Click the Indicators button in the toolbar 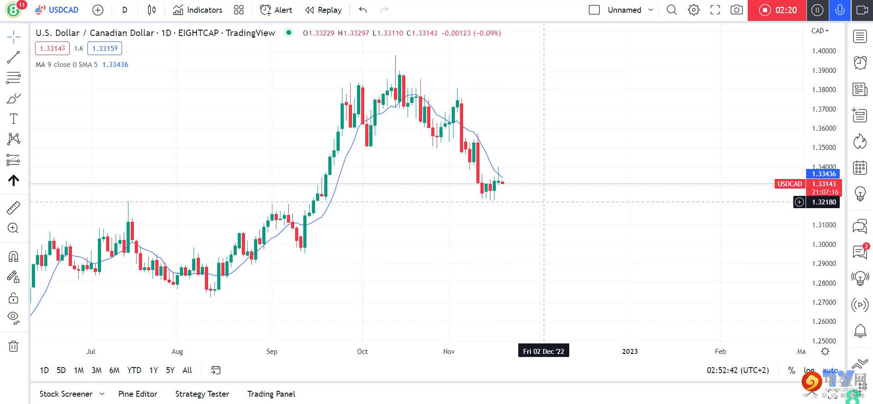pyautogui.click(x=198, y=10)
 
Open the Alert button pyautogui.click(x=276, y=10)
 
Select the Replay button pyautogui.click(x=323, y=10)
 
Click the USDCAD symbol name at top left pyautogui.click(x=63, y=10)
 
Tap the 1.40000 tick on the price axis pyautogui.click(x=824, y=51)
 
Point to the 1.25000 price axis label pyautogui.click(x=824, y=341)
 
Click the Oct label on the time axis pyautogui.click(x=362, y=351)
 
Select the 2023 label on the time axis pyautogui.click(x=630, y=351)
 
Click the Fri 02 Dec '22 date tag pyautogui.click(x=543, y=351)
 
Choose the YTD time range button pyautogui.click(x=134, y=370)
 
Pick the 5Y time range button pyautogui.click(x=170, y=370)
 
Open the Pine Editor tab pyautogui.click(x=138, y=394)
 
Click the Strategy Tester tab pyautogui.click(x=202, y=394)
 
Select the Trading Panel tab pyautogui.click(x=271, y=394)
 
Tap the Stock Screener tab pyautogui.click(x=66, y=394)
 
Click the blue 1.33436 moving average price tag pyautogui.click(x=823, y=174)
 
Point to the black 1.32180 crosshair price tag pyautogui.click(x=823, y=202)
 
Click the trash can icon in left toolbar pyautogui.click(x=14, y=346)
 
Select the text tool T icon pyautogui.click(x=14, y=119)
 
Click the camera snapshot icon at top pyautogui.click(x=736, y=10)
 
